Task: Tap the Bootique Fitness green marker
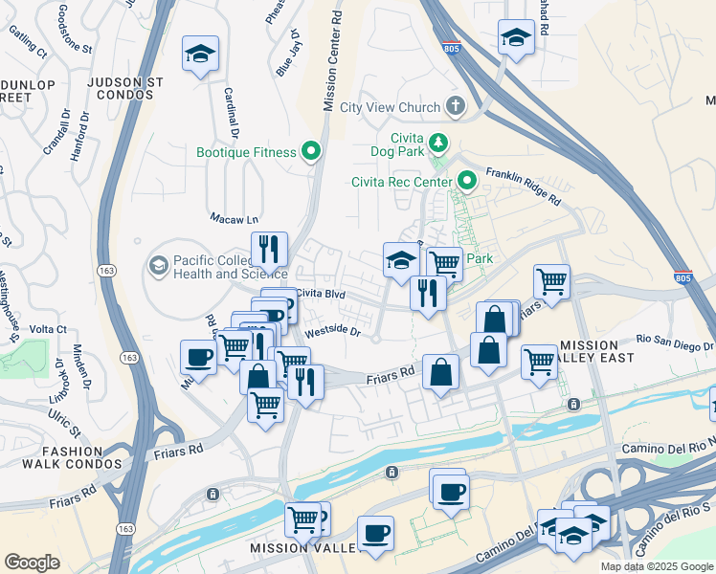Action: pyautogui.click(x=311, y=151)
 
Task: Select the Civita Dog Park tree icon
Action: pyautogui.click(x=438, y=143)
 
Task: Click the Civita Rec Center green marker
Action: pyautogui.click(x=467, y=180)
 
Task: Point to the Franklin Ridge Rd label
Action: pyautogui.click(x=523, y=187)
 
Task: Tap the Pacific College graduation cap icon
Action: pyautogui.click(x=159, y=263)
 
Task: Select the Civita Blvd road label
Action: pyautogui.click(x=320, y=293)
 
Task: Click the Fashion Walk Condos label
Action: pyautogui.click(x=72, y=456)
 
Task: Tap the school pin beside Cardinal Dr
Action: pyautogui.click(x=201, y=55)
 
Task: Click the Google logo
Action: pyautogui.click(x=32, y=563)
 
